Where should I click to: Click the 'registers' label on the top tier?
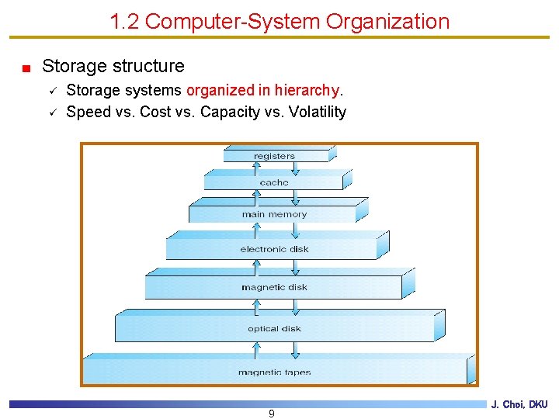pyautogui.click(x=274, y=156)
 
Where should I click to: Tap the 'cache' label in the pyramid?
pyautogui.click(x=274, y=183)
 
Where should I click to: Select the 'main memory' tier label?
pyautogui.click(x=274, y=214)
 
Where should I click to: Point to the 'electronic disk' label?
pyautogui.click(x=274, y=249)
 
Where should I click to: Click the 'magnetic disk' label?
pyautogui.click(x=274, y=287)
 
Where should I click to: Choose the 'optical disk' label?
pyautogui.click(x=274, y=329)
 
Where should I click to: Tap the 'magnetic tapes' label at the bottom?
pyautogui.click(x=274, y=372)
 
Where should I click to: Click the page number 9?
pyautogui.click(x=271, y=414)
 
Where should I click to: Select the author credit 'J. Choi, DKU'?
pyautogui.click(x=519, y=404)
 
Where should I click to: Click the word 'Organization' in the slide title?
pyautogui.click(x=387, y=21)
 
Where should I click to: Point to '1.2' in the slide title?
pyautogui.click(x=124, y=21)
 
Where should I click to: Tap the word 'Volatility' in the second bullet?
pyautogui.click(x=317, y=112)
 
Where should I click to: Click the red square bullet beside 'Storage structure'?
pyautogui.click(x=26, y=68)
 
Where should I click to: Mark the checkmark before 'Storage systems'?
pyautogui.click(x=52, y=90)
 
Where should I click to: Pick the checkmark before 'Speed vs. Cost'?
pyautogui.click(x=52, y=112)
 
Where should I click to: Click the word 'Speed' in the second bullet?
pyautogui.click(x=89, y=112)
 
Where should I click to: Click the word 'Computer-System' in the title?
pyautogui.click(x=233, y=21)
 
